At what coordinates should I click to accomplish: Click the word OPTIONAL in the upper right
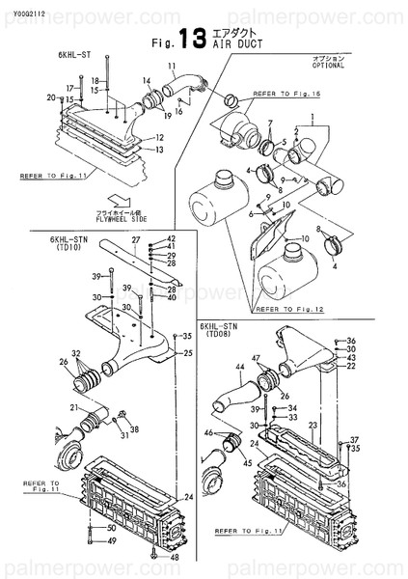(327, 68)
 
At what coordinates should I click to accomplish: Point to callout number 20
(50, 97)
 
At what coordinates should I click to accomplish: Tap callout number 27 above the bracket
(136, 238)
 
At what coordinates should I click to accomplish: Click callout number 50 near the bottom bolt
(112, 529)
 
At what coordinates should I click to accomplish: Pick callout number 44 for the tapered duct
(239, 367)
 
